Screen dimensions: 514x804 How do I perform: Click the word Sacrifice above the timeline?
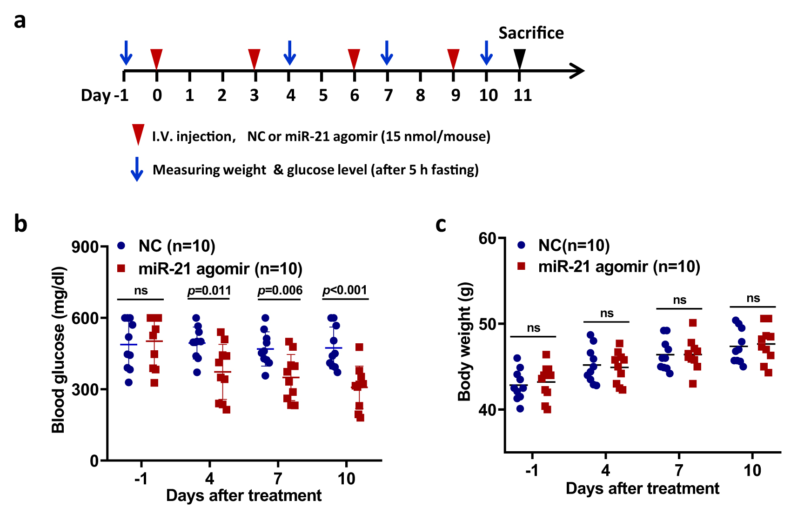pos(531,33)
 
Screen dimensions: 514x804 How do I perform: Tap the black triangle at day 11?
pos(520,59)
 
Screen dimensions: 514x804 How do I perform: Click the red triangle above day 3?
pos(254,59)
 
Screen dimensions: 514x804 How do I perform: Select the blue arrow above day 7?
pos(387,53)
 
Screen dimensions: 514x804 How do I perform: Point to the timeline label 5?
pos(323,95)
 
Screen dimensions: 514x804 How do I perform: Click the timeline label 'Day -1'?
pos(105,95)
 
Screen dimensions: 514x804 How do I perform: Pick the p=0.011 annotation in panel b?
pos(209,291)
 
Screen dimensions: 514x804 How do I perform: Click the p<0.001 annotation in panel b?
pos(345,290)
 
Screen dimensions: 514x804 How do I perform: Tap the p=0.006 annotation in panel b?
pos(280,291)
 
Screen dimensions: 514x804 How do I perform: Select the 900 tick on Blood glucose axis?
pos(85,247)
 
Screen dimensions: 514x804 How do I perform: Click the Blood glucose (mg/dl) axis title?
pos(59,350)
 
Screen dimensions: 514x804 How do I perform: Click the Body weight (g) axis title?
pos(465,341)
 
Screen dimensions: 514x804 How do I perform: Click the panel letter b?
pos(20,224)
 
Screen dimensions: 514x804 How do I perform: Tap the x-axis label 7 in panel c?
pos(679,470)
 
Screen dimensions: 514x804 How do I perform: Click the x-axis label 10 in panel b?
pos(346,479)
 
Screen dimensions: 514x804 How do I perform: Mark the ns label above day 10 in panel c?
pos(753,299)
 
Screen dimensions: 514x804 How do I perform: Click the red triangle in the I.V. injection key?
pos(138,134)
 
